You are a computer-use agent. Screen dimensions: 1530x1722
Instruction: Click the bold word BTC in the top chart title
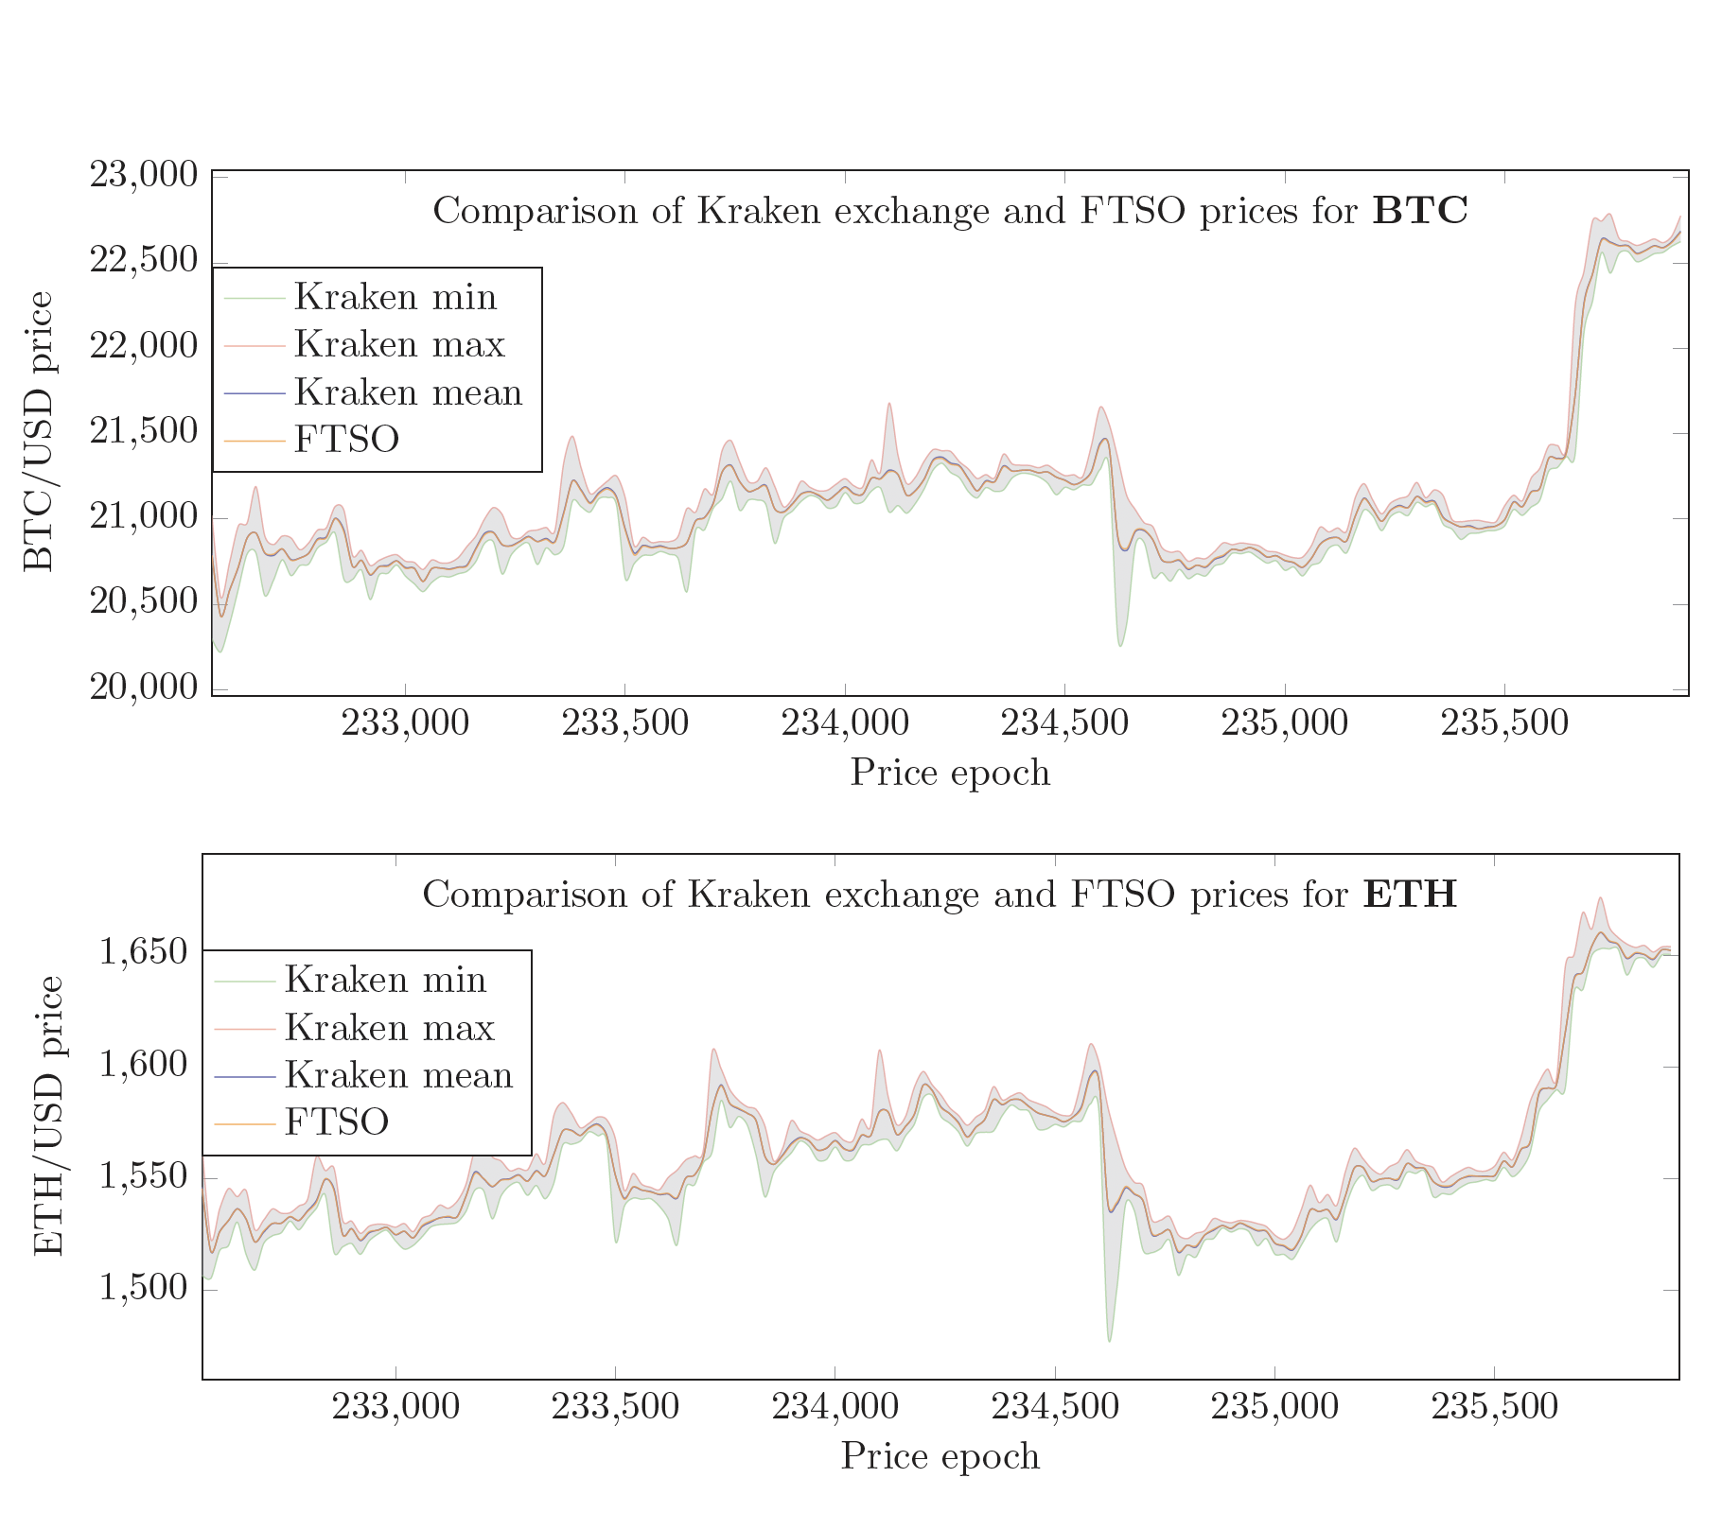(x=1420, y=211)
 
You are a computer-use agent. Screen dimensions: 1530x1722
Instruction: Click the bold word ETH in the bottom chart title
(x=1410, y=894)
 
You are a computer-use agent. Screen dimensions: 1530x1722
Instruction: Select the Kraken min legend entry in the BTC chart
(x=395, y=297)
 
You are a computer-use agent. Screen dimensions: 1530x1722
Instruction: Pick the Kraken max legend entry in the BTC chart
(x=399, y=344)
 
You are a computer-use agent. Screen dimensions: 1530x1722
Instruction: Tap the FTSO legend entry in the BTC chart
(x=346, y=439)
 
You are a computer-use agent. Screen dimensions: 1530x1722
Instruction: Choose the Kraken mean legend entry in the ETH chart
(x=398, y=1075)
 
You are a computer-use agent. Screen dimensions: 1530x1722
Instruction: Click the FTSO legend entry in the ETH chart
(x=336, y=1122)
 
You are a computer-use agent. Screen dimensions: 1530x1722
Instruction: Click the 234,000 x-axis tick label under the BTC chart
(x=844, y=724)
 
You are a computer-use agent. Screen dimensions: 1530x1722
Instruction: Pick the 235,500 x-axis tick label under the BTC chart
(x=1503, y=724)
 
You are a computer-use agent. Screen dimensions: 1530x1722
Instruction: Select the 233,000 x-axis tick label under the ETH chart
(x=395, y=1407)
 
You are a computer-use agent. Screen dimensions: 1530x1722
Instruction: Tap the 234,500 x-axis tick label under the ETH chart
(x=1054, y=1407)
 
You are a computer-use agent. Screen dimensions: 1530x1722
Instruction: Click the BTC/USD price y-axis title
(x=39, y=431)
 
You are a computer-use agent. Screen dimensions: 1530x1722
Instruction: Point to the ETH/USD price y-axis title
(x=48, y=1116)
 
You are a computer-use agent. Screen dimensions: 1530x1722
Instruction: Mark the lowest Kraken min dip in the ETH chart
(x=1109, y=1340)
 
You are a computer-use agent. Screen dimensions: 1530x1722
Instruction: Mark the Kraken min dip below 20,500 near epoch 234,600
(x=1120, y=645)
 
